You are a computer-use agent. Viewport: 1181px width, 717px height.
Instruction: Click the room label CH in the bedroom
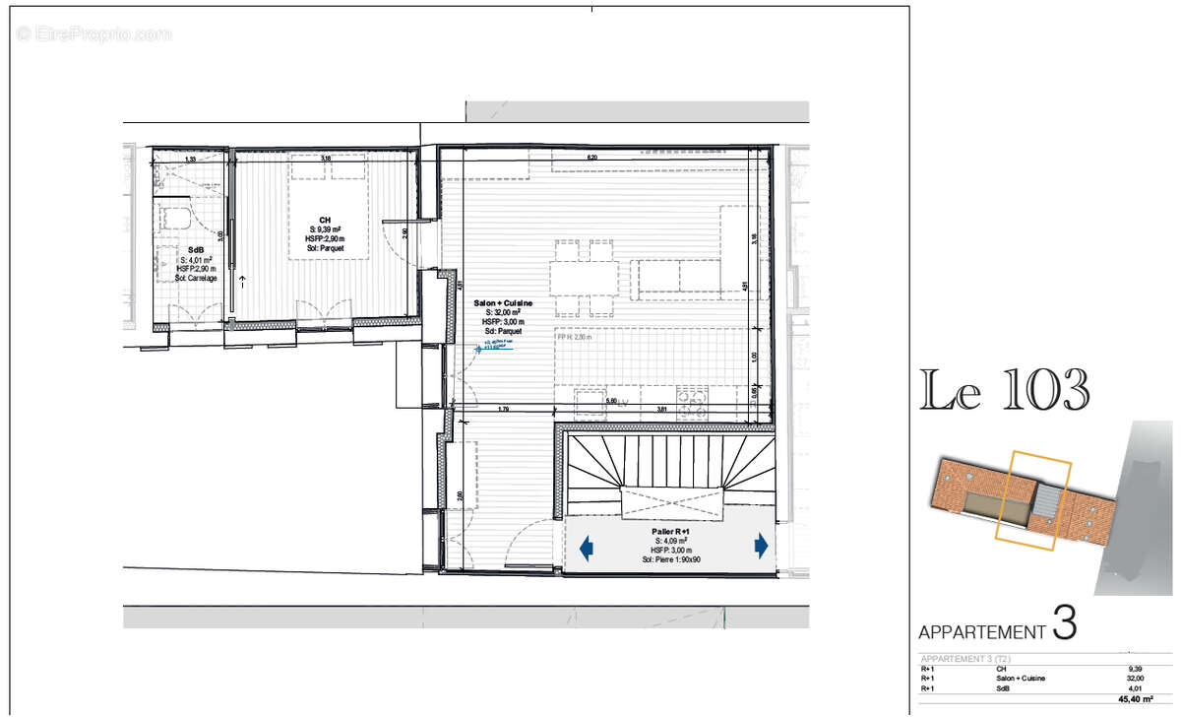coord(324,220)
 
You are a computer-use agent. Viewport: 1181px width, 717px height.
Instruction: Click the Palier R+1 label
coord(670,531)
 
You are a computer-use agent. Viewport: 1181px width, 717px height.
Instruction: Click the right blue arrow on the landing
coord(761,545)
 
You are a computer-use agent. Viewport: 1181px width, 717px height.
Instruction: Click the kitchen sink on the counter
coord(590,399)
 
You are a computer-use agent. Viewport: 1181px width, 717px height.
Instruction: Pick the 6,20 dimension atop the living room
coord(592,158)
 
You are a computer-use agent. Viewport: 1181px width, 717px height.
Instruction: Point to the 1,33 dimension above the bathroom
coord(191,159)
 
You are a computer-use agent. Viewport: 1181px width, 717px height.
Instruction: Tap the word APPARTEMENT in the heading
coord(981,632)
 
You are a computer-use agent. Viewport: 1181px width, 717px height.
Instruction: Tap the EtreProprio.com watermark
coord(93,33)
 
